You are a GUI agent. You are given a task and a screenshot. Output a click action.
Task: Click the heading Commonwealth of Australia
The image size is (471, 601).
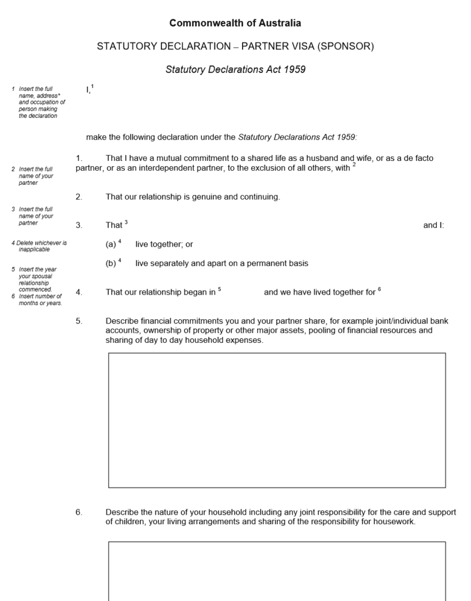click(235, 23)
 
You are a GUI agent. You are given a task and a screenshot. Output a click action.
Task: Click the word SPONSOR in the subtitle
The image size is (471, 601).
click(344, 46)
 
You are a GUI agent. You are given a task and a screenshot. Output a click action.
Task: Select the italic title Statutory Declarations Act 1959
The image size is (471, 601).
click(235, 69)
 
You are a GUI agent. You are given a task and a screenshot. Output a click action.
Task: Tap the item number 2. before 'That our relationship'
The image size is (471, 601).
click(79, 197)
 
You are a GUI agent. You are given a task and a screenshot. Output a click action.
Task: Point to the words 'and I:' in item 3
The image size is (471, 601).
click(433, 225)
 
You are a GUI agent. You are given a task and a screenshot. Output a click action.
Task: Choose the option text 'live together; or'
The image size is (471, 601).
click(164, 244)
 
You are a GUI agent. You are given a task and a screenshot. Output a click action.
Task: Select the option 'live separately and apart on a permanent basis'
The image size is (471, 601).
click(221, 264)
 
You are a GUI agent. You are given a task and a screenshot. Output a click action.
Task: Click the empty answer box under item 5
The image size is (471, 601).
click(277, 420)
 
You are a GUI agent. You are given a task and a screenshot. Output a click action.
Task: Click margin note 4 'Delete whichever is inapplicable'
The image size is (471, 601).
click(39, 246)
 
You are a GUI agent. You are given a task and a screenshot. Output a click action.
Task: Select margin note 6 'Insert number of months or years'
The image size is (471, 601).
click(39, 300)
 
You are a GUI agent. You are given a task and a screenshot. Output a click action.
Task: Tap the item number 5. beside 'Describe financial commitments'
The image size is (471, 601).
click(79, 321)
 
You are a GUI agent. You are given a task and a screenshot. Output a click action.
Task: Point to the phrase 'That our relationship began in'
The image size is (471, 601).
click(160, 292)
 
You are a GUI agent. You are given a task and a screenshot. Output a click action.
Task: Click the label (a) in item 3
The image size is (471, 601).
click(111, 244)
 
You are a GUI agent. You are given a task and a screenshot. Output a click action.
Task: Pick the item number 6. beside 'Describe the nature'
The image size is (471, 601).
click(79, 512)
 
